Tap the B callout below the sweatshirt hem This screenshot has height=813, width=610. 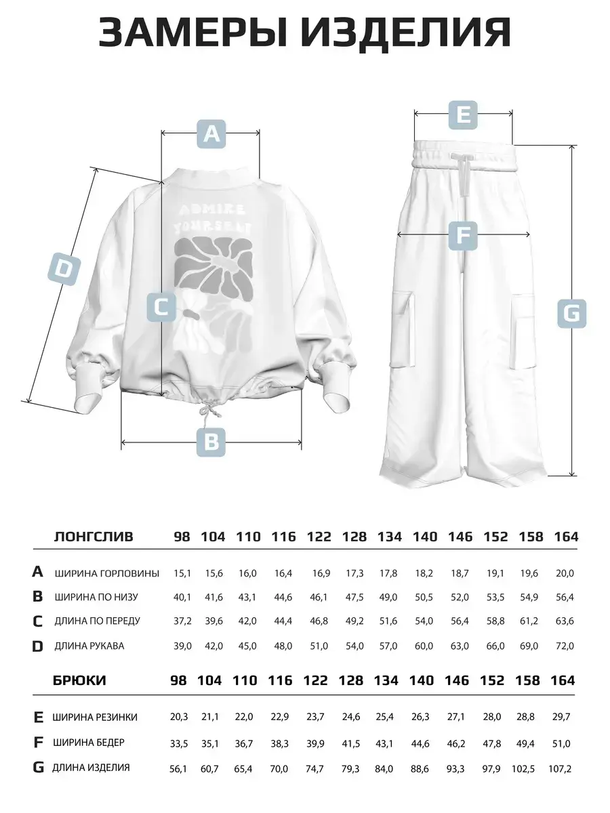pos(211,442)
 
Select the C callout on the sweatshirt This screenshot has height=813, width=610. pos(162,307)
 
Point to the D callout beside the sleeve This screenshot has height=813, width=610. pos(62,269)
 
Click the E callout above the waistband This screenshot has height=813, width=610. pos(463,114)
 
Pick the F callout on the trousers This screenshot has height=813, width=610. pos(463,235)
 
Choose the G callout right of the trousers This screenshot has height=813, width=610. pos(572,313)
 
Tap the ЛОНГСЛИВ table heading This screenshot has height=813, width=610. pos(94,537)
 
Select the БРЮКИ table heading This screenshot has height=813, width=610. pos(79,680)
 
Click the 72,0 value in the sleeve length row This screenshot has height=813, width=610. pos(566,646)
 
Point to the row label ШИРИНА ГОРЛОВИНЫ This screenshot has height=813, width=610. pos(107,573)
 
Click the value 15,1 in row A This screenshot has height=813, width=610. pos(182,573)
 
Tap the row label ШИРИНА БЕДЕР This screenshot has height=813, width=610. pos(90,743)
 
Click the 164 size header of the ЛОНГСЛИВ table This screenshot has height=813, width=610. pos(566,537)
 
